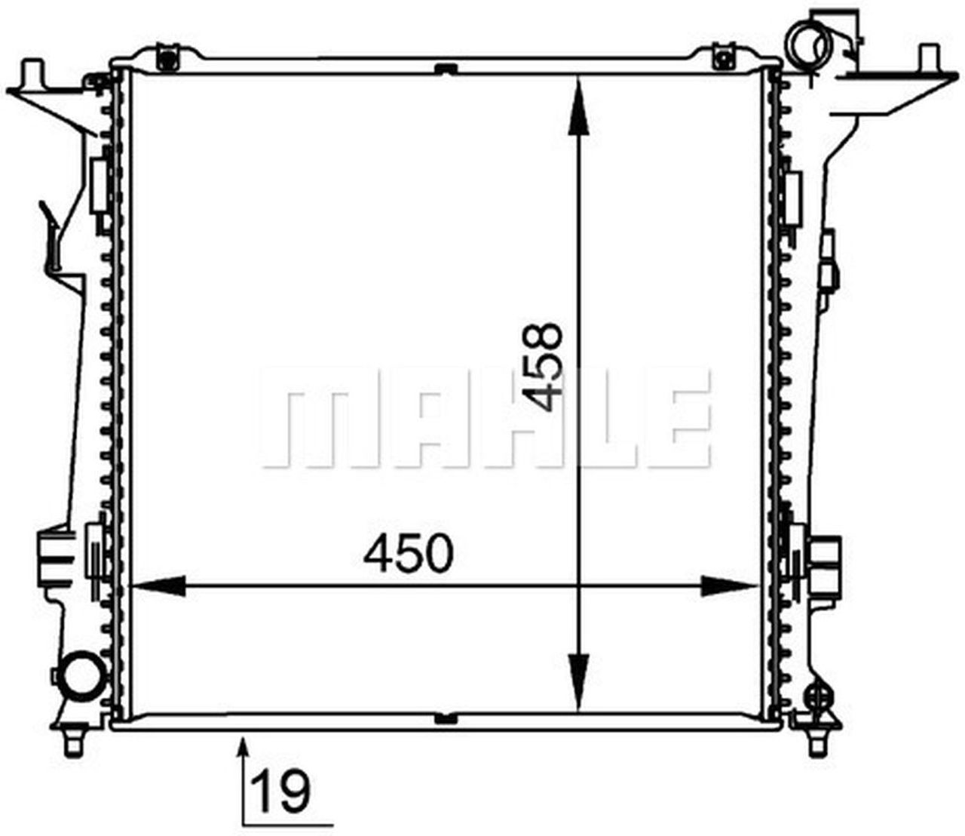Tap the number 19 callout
(281, 791)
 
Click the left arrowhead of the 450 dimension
(158, 585)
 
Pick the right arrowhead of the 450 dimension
(728, 585)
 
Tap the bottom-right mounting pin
(816, 743)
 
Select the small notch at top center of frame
(446, 70)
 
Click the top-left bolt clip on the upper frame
(168, 57)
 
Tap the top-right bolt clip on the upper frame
(723, 57)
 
